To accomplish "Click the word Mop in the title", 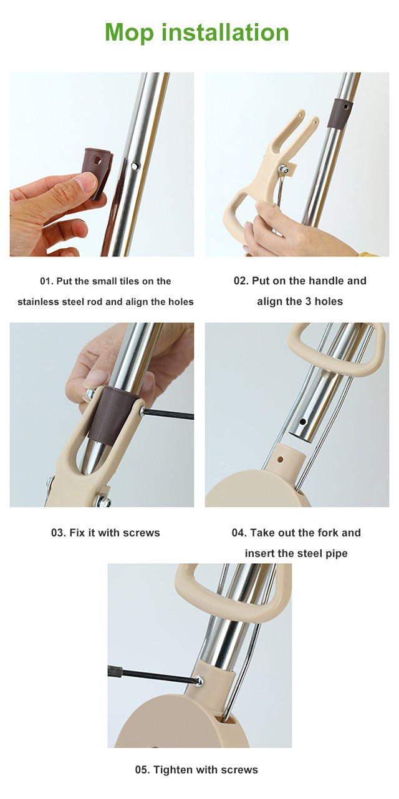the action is click(x=130, y=34).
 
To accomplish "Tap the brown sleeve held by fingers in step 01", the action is click(x=97, y=170).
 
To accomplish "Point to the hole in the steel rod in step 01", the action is click(x=135, y=166).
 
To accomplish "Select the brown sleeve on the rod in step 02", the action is click(x=339, y=114).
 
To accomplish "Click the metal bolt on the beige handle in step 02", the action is click(x=285, y=168).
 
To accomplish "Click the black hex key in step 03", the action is click(x=168, y=414).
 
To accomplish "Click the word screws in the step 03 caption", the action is click(x=141, y=533).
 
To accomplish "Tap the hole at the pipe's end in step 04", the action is click(x=303, y=422).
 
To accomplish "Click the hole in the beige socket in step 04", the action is click(x=281, y=460).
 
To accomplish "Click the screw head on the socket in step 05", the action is click(x=199, y=681).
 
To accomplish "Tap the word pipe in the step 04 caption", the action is click(x=337, y=554).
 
